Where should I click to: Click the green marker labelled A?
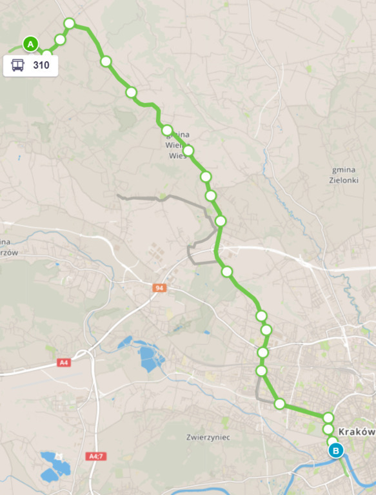[x=30, y=44]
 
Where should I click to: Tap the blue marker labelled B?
[x=335, y=451]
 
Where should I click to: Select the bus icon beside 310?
[x=18, y=65]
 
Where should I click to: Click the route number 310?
[x=41, y=65]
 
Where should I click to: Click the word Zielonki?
[x=343, y=181]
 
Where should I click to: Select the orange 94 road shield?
[x=159, y=287]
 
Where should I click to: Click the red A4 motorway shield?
[x=63, y=363]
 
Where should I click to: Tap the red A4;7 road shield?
[x=95, y=456]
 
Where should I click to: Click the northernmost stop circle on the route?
[x=70, y=24]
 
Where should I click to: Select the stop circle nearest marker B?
[x=332, y=442]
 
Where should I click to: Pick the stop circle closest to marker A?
[x=46, y=53]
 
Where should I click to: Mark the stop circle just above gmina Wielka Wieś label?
[x=167, y=130]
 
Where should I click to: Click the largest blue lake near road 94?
[x=151, y=358]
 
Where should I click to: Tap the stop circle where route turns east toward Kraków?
[x=279, y=404]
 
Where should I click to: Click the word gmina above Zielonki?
[x=343, y=170]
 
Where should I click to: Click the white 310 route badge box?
[x=31, y=65]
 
